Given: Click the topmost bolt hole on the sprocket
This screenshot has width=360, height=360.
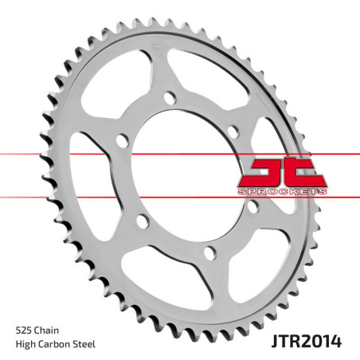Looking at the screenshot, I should (x=169, y=100).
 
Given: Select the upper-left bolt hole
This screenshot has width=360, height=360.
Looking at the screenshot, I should (x=122, y=141).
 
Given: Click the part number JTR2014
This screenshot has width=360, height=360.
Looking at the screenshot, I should (x=305, y=342).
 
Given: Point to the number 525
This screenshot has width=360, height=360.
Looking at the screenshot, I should (x=25, y=328).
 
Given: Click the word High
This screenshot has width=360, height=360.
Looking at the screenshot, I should (x=26, y=344).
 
